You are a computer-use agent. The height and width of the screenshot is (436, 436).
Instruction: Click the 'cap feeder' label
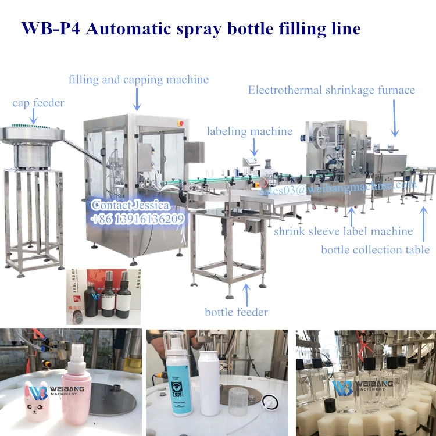[x=38, y=103]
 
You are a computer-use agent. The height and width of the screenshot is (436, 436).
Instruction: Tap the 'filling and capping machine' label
[x=138, y=80]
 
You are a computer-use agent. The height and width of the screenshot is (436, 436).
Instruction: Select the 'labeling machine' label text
[x=249, y=131]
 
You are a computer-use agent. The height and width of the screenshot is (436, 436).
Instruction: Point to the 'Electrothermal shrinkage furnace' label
[x=331, y=90]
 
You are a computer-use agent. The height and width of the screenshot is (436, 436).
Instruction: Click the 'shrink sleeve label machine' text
[x=343, y=231]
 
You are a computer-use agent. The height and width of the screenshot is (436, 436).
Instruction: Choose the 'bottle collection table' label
[x=376, y=250]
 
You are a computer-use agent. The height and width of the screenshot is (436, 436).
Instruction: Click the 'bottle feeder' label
[x=236, y=312]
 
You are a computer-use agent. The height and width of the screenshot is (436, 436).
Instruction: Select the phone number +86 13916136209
[x=137, y=219]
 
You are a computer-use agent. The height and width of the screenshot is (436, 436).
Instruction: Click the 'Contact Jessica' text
[x=130, y=205]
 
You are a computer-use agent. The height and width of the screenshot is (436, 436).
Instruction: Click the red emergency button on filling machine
[x=180, y=123]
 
